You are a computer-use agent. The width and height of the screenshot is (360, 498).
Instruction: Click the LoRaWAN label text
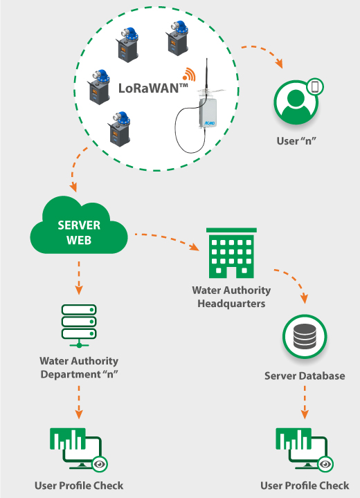tap(153, 88)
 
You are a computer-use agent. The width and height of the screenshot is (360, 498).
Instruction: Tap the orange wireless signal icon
tap(189, 74)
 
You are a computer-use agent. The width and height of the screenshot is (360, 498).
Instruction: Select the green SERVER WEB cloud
tap(79, 225)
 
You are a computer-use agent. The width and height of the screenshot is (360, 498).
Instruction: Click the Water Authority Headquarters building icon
tap(231, 253)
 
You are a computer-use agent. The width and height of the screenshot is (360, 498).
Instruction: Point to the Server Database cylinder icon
tap(305, 336)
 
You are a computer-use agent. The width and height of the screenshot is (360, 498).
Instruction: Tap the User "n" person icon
tap(296, 102)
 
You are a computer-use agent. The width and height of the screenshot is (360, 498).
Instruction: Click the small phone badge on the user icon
tap(315, 86)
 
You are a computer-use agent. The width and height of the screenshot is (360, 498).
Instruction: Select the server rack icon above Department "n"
tap(79, 326)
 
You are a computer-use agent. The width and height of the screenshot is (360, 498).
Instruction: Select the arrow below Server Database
tap(305, 402)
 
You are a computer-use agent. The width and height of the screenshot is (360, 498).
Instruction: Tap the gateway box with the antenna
tap(208, 113)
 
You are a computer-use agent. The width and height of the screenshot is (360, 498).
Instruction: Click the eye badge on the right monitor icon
tap(325, 464)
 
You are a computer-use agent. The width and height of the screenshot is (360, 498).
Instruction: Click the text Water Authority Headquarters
tap(231, 297)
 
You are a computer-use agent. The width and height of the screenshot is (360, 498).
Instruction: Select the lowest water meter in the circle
tap(119, 129)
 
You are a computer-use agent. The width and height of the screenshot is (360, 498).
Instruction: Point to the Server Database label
tap(305, 376)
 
